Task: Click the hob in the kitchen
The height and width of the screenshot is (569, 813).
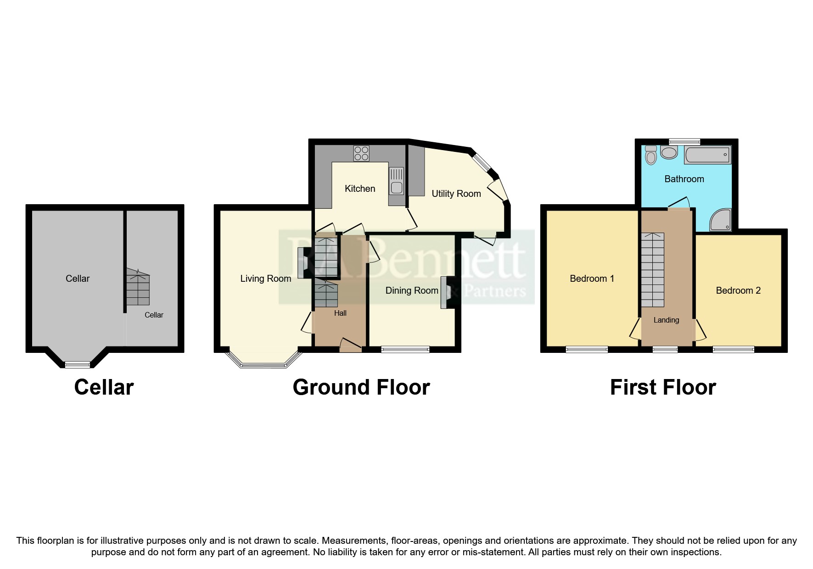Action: (x=361, y=153)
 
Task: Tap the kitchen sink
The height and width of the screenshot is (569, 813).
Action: (x=396, y=181)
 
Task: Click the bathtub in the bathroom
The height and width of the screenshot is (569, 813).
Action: (x=707, y=155)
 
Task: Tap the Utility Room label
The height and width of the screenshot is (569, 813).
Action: (x=456, y=194)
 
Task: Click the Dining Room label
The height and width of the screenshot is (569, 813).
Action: (x=412, y=290)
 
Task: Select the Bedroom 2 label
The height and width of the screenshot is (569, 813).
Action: (x=738, y=290)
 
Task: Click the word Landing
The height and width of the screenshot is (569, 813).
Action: (x=666, y=320)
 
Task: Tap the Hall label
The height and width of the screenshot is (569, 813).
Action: (x=340, y=313)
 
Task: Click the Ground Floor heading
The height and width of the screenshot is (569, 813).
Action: (x=361, y=387)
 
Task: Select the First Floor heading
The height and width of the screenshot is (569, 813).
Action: (x=662, y=387)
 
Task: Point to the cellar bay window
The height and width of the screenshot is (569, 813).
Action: (x=77, y=364)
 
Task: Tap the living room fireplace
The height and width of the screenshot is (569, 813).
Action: (x=303, y=263)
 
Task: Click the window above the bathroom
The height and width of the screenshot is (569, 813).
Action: (x=684, y=141)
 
